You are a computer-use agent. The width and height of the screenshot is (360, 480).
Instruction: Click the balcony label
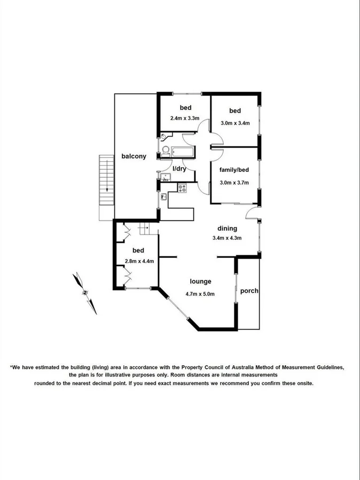pyautogui.click(x=134, y=156)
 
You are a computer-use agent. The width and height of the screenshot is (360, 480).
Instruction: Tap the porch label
pyautogui.click(x=249, y=291)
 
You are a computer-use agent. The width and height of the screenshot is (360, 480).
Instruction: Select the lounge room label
pyautogui.click(x=201, y=281)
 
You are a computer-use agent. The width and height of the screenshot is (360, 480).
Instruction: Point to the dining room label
pyautogui.click(x=227, y=229)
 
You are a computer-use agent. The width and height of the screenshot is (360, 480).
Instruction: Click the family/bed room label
pyautogui.click(x=234, y=170)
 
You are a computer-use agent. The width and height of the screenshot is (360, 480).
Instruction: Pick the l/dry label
pyautogui.click(x=179, y=169)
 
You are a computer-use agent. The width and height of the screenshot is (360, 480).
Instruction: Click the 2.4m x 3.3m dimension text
pyautogui.click(x=185, y=118)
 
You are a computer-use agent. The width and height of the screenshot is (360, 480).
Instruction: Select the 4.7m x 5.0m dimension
pyautogui.click(x=200, y=294)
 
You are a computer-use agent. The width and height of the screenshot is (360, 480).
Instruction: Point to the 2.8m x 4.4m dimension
pyautogui.click(x=139, y=261)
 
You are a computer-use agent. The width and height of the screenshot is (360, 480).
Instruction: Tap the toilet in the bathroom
pyautogui.click(x=166, y=151)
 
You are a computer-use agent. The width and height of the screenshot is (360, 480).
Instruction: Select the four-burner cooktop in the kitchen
pyautogui.click(x=182, y=187)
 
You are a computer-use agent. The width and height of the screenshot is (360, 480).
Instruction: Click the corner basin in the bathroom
pyautogui.click(x=162, y=138)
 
